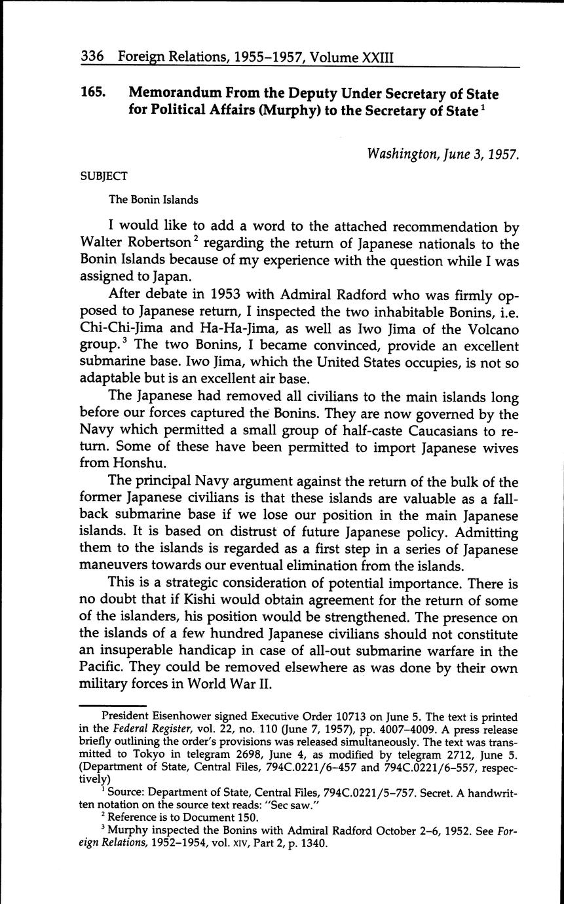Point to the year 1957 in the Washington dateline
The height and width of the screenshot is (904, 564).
coord(502,154)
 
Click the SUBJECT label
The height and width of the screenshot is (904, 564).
coord(103,176)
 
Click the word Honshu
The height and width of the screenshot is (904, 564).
coord(107,466)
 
